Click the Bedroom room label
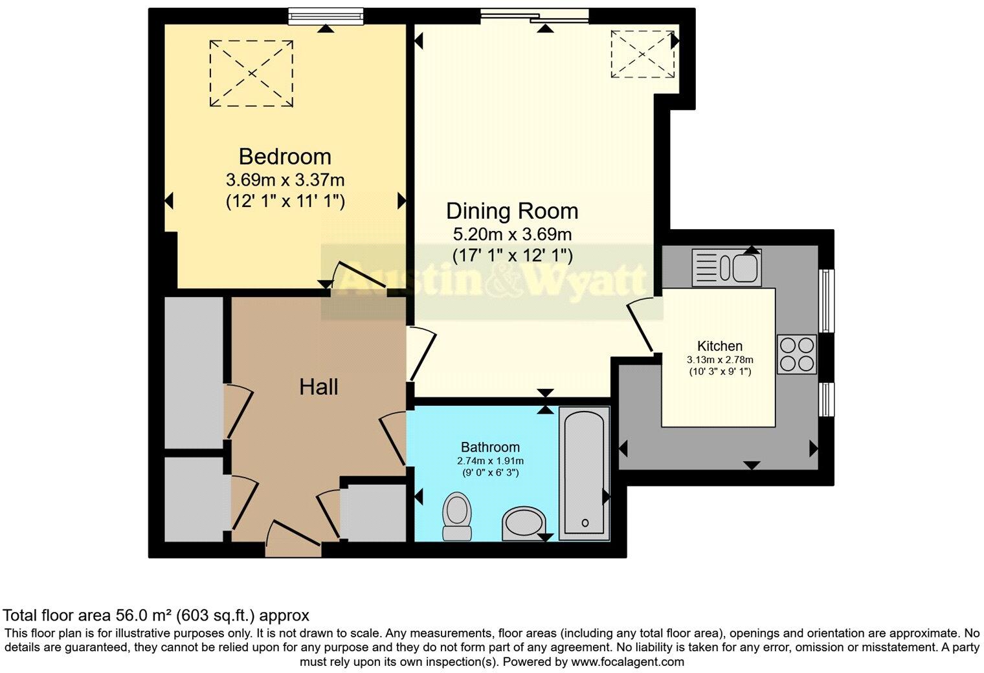click(x=285, y=157)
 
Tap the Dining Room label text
click(x=512, y=211)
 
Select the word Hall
click(x=319, y=387)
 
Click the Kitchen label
click(x=720, y=346)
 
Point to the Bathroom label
click(x=490, y=447)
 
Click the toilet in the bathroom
click(x=457, y=516)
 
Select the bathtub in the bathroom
click(x=584, y=473)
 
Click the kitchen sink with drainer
click(x=726, y=267)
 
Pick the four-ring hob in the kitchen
click(x=797, y=354)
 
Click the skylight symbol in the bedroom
click(x=251, y=73)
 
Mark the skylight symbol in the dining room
click(x=642, y=54)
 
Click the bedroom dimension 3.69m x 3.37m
click(x=285, y=180)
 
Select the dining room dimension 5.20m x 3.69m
click(x=512, y=234)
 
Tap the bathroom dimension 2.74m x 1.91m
click(x=490, y=461)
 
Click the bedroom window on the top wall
click(x=326, y=16)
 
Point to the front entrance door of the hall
click(x=293, y=538)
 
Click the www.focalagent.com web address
click(x=628, y=661)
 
